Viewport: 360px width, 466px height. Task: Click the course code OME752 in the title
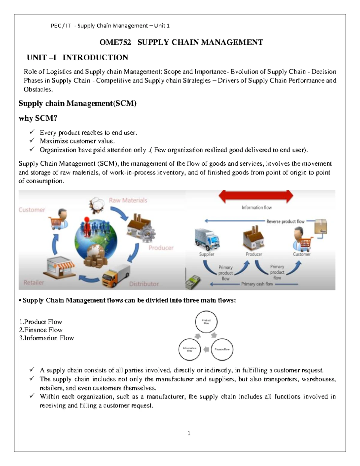pos(115,42)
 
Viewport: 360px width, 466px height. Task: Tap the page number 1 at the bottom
pos(189,433)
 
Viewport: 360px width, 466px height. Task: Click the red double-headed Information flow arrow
pos(256,197)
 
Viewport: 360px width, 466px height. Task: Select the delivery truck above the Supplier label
pos(207,239)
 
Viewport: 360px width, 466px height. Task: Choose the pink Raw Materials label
pos(128,200)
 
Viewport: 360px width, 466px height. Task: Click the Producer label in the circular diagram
pos(161,248)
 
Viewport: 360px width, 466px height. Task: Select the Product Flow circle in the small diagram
pos(206,322)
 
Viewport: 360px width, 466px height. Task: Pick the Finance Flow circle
pos(222,349)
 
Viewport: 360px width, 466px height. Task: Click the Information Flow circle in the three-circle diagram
pos(189,349)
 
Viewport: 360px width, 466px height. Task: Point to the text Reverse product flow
pos(285,221)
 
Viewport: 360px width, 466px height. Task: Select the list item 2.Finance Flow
pos(41,330)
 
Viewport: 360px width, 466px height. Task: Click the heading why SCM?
pos(38,118)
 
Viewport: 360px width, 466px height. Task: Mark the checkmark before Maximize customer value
pos(32,141)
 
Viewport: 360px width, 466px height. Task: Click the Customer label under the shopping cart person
pos(301,254)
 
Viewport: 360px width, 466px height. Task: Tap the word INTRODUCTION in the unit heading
pos(95,57)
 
